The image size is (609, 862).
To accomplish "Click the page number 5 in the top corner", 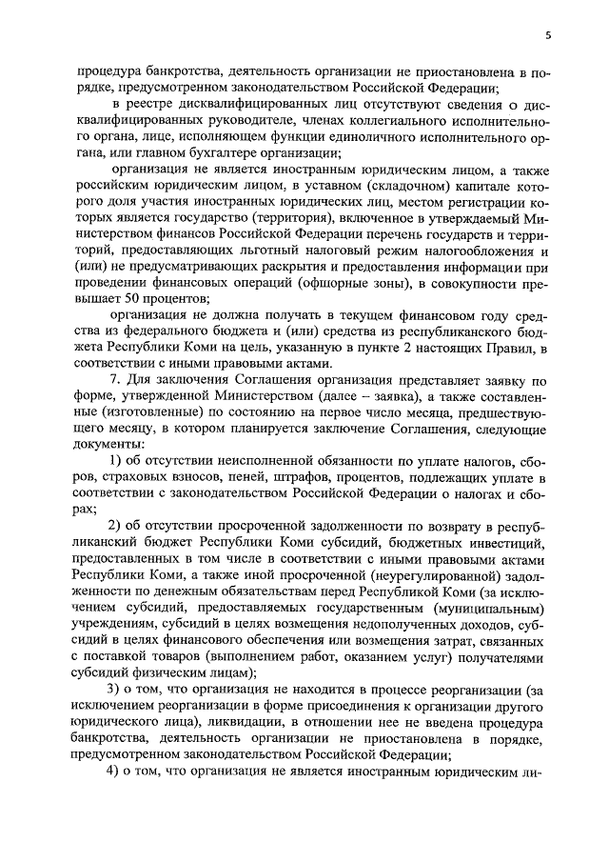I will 548,35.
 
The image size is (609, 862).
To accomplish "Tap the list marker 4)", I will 117,771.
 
